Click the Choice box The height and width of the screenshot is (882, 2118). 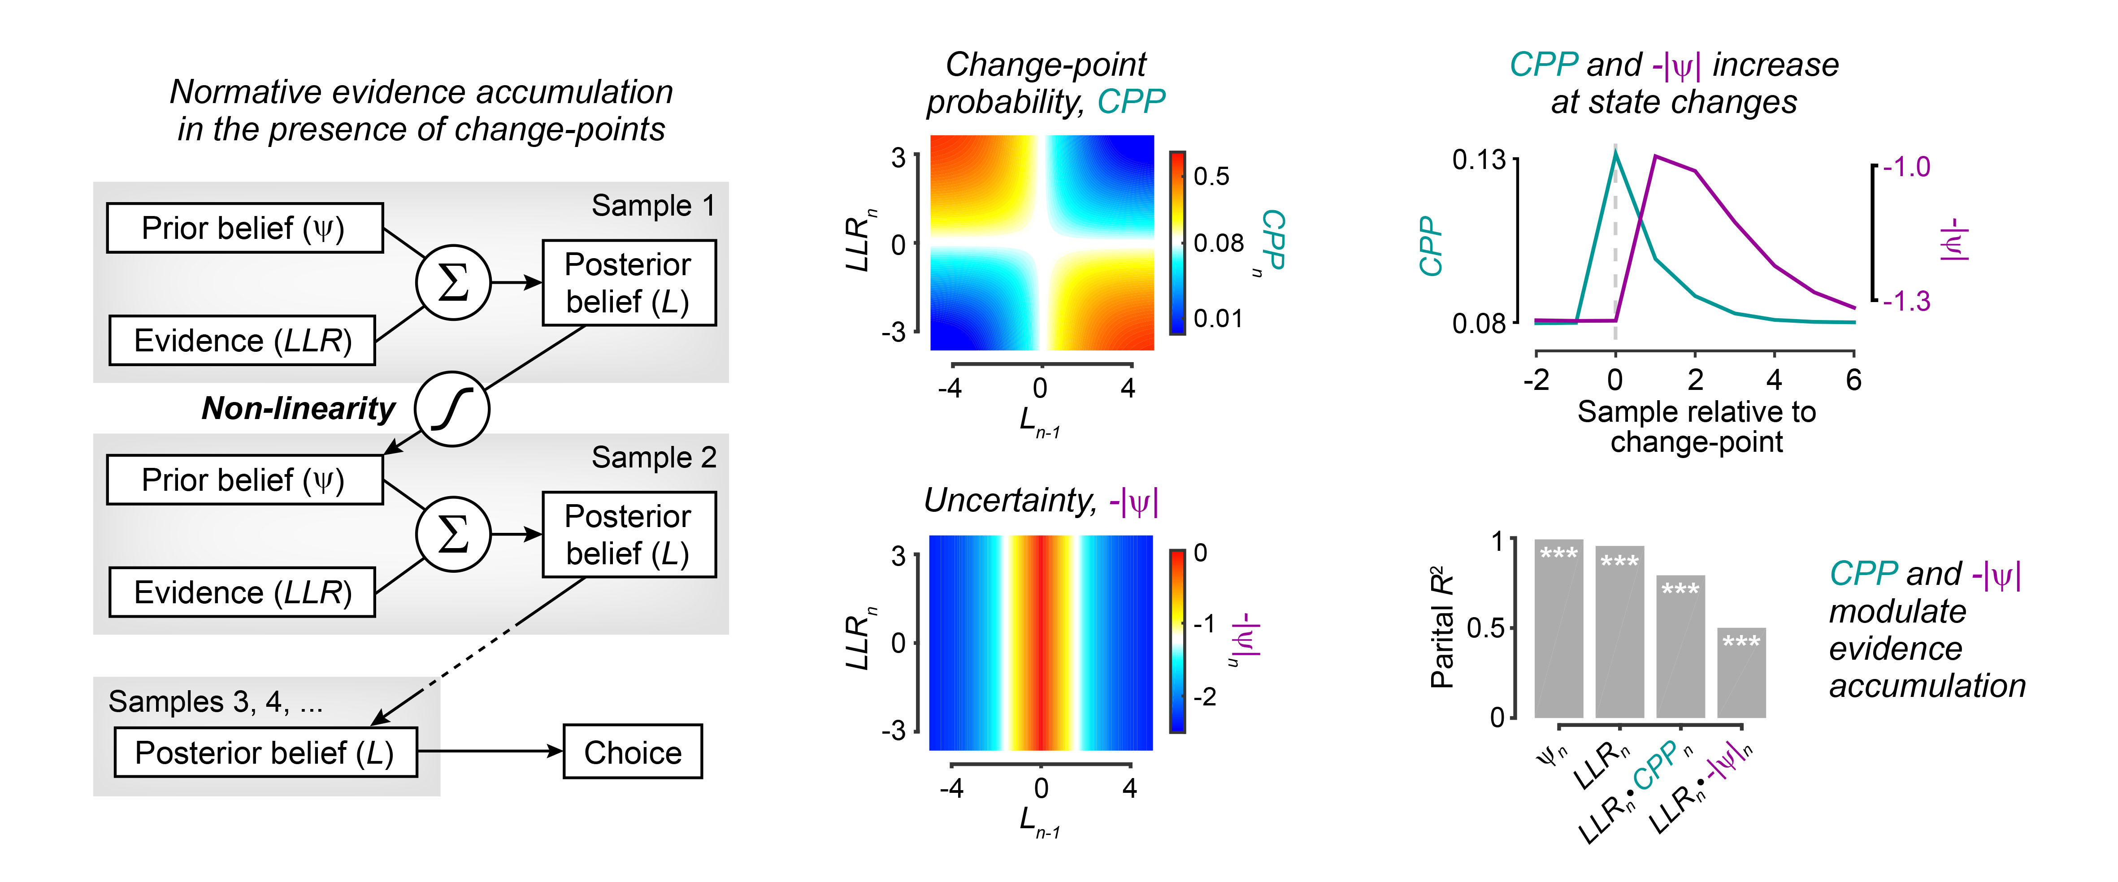(x=632, y=751)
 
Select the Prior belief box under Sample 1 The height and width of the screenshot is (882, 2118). (x=244, y=228)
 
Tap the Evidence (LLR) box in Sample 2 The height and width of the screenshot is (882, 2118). (x=243, y=592)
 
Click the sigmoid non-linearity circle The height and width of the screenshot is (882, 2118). (x=452, y=409)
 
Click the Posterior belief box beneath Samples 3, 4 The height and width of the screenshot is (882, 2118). (x=265, y=752)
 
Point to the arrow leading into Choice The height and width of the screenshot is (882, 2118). (x=493, y=751)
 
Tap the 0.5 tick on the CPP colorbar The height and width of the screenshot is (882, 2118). (x=1210, y=176)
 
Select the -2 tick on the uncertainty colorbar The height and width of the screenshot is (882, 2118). (x=1205, y=697)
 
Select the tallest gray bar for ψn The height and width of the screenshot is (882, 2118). (x=1558, y=629)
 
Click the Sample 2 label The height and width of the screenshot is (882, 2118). (x=654, y=457)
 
